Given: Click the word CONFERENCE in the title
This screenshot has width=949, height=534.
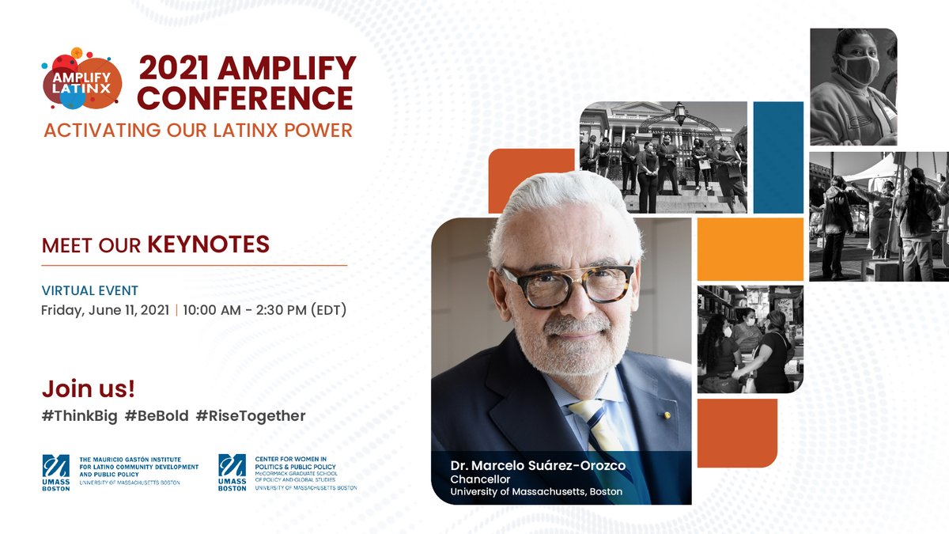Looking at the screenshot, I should coord(246,98).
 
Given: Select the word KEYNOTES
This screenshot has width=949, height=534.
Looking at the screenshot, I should coord(209,244).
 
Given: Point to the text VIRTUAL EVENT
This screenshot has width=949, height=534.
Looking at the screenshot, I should coord(90,290).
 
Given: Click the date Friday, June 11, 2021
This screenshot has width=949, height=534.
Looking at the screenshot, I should coord(104,310).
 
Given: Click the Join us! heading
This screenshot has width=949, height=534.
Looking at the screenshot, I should coord(88,388).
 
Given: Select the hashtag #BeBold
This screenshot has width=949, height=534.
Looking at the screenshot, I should coord(157,415).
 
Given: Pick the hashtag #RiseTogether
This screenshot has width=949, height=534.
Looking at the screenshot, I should coord(251,415).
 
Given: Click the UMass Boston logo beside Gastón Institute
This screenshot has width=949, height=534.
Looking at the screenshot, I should coord(56,472).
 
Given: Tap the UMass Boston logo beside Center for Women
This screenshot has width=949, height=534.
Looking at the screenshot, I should coord(232,472).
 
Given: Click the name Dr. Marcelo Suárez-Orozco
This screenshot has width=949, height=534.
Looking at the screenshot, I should coord(538,465).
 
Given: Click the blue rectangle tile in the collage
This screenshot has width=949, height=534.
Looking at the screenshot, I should coord(779,157).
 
